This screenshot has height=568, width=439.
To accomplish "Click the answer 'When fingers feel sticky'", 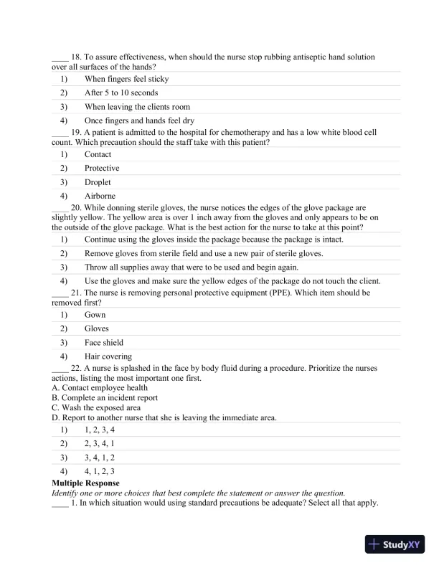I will pos(126,79).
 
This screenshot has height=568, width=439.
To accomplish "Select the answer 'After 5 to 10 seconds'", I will pos(121,93).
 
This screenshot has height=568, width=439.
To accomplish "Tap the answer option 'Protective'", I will pos(102,168).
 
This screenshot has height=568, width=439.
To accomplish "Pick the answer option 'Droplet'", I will pos(99,182).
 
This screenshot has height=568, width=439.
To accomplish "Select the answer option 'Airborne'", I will pos(100,196).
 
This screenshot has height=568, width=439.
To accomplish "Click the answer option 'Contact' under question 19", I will pos(98,154).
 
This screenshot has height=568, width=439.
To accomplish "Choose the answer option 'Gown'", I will pos(95,315).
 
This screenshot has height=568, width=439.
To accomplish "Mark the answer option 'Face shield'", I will pos(104,343).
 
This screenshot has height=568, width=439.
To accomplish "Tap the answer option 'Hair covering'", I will pos(108,356).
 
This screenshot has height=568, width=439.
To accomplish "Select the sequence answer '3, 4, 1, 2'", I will pos(100,457).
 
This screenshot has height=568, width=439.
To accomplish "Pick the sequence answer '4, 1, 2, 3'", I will pos(100,471).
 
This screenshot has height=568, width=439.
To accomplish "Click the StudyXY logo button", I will pos(397,544).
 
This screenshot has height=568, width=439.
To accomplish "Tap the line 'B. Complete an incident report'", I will pos(105,397).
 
